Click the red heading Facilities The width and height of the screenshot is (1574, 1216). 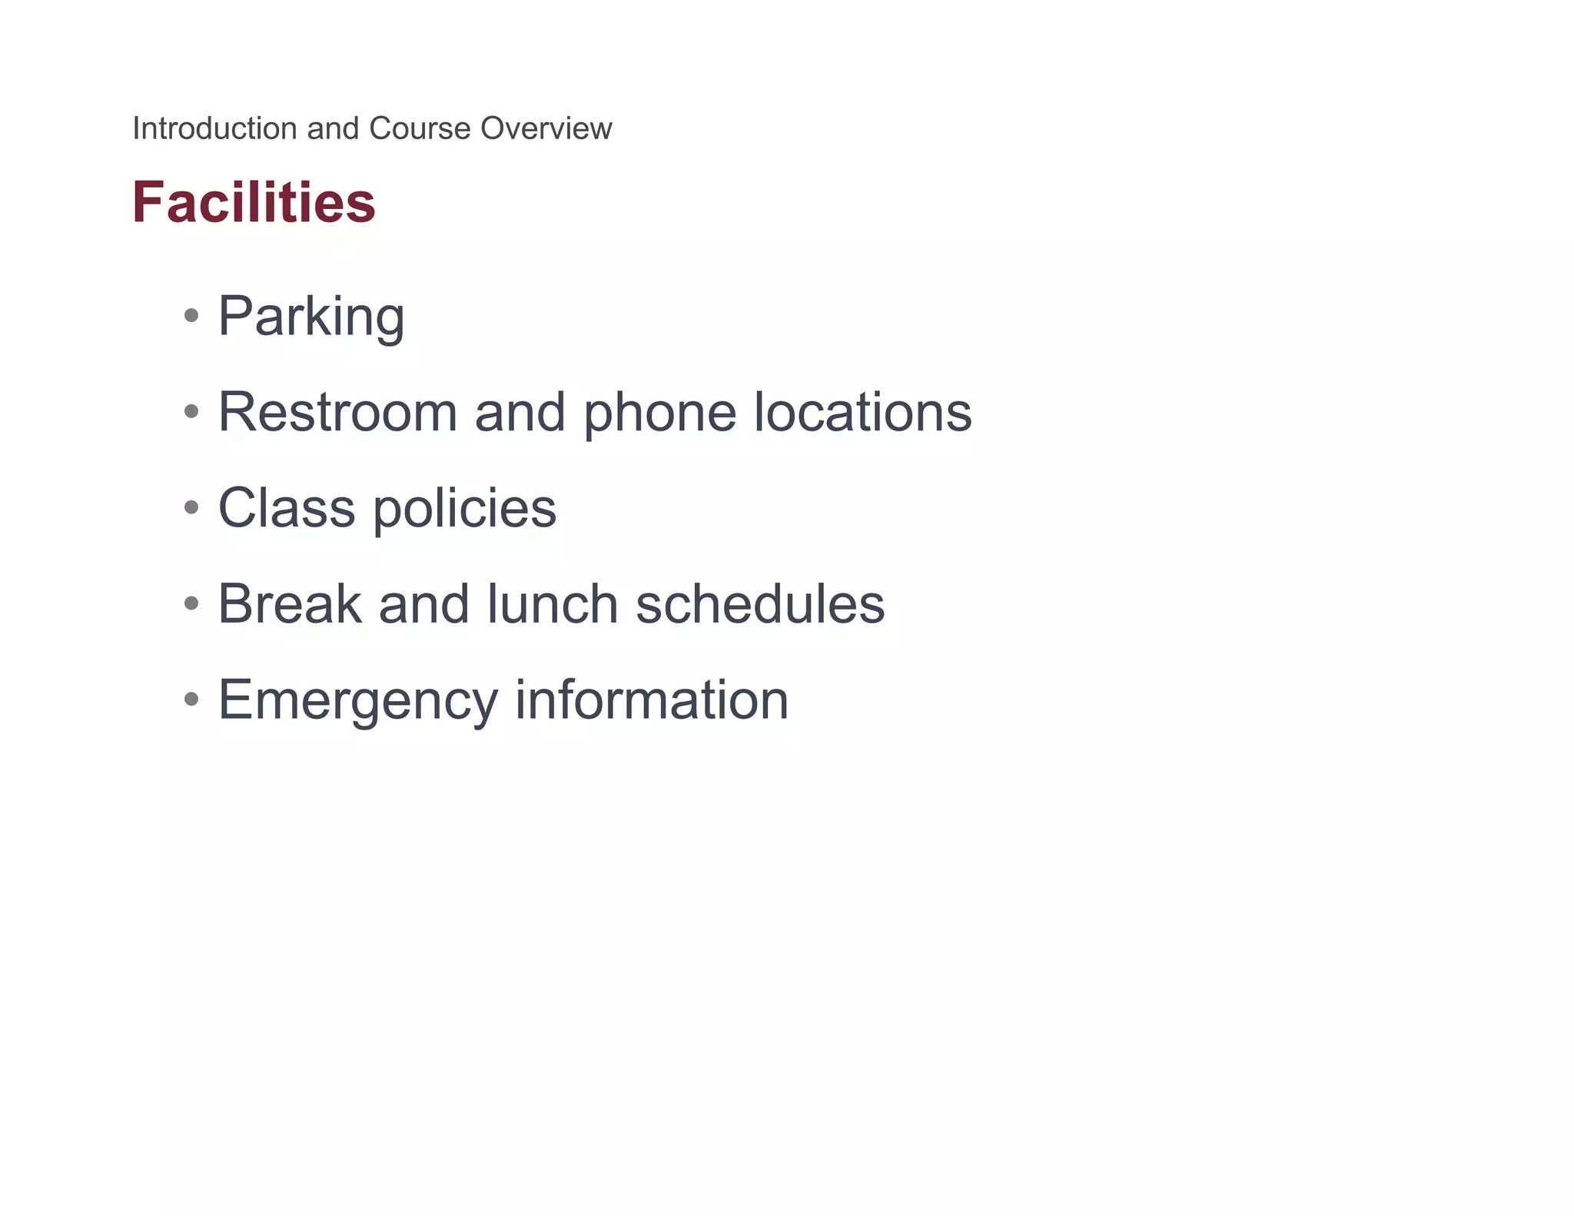(254, 202)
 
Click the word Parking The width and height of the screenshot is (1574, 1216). (311, 317)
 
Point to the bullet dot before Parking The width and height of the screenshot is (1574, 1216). (191, 315)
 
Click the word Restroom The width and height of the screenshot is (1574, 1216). (337, 412)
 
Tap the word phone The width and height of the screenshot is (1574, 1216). (659, 414)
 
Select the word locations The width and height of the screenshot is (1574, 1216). (862, 412)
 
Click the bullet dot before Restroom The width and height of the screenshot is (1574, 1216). (191, 411)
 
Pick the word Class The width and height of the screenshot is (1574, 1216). (287, 508)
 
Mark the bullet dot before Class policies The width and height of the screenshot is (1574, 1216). (191, 507)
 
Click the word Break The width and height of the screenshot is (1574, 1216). (290, 604)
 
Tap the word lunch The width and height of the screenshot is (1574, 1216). (553, 604)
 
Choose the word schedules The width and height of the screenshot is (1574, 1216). (760, 604)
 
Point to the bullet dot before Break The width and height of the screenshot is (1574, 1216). (191, 603)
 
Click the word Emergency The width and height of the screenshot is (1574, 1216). (358, 701)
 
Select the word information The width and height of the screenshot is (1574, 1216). (652, 699)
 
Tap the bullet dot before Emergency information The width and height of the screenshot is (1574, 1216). (191, 699)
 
